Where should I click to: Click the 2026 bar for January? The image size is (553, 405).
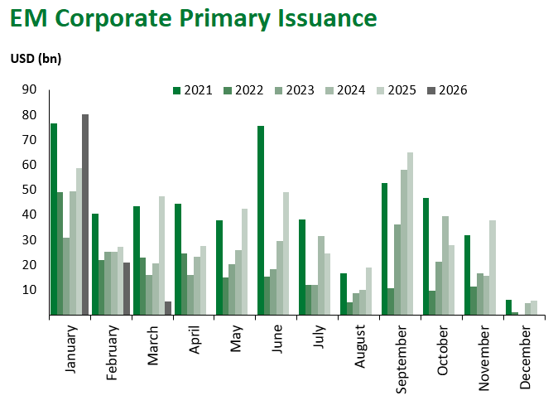click(85, 215)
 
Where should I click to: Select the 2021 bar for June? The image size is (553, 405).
click(261, 220)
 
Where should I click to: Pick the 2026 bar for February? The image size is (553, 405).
click(127, 289)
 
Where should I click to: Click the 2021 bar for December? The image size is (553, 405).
click(509, 307)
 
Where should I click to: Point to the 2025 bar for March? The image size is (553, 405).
click(161, 256)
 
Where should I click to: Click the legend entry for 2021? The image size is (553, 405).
click(194, 90)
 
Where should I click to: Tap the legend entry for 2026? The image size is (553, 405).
click(447, 90)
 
